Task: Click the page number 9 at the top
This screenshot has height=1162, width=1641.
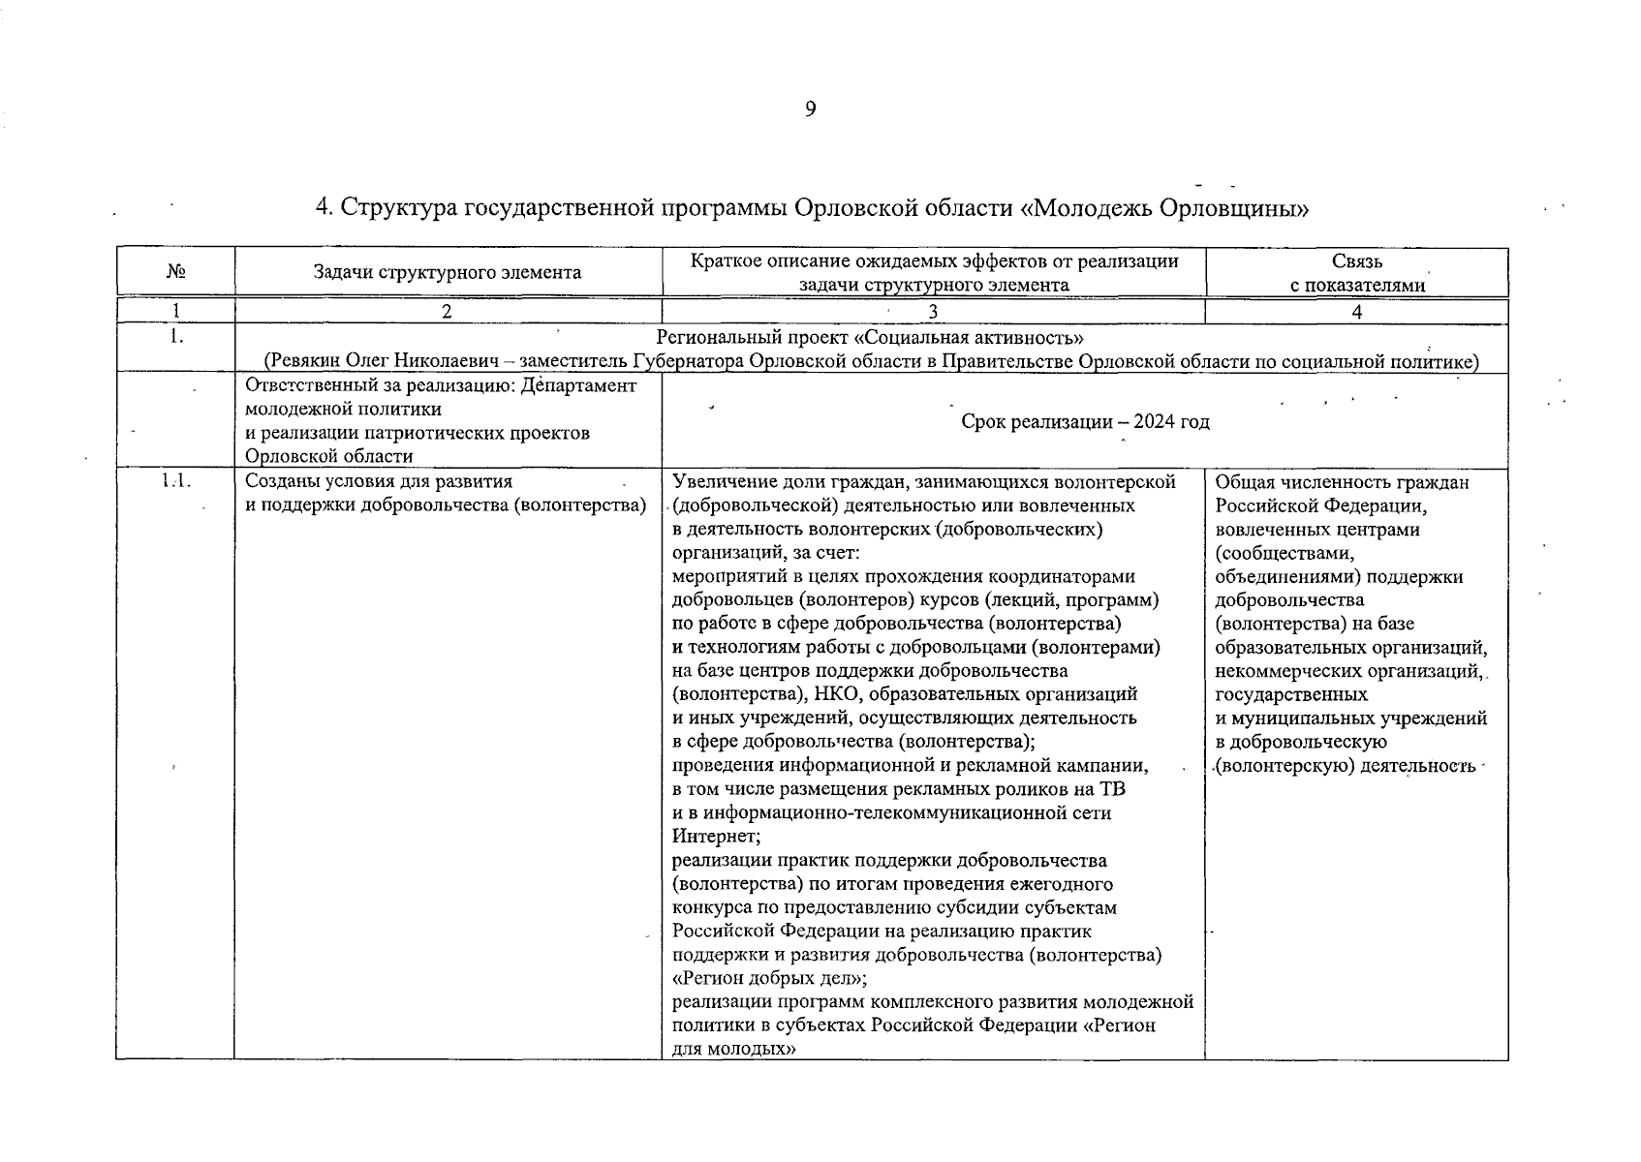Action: [x=810, y=109]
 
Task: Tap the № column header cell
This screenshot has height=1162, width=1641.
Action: [x=175, y=272]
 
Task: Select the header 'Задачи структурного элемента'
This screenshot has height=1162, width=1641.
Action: [x=448, y=272]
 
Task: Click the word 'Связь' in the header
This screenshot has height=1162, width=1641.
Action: [x=1356, y=261]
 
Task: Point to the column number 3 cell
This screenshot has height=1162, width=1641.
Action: [x=932, y=312]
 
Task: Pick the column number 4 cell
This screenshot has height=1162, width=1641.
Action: [x=1356, y=312]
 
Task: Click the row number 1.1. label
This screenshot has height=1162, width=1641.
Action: [x=174, y=481]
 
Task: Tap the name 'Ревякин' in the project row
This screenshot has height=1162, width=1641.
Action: [x=306, y=362]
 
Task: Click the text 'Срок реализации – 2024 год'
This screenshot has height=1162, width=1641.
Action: [x=1085, y=422]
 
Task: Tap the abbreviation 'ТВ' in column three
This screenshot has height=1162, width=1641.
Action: [x=1111, y=789]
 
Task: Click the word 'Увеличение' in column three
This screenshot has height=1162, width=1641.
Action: [x=722, y=481]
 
